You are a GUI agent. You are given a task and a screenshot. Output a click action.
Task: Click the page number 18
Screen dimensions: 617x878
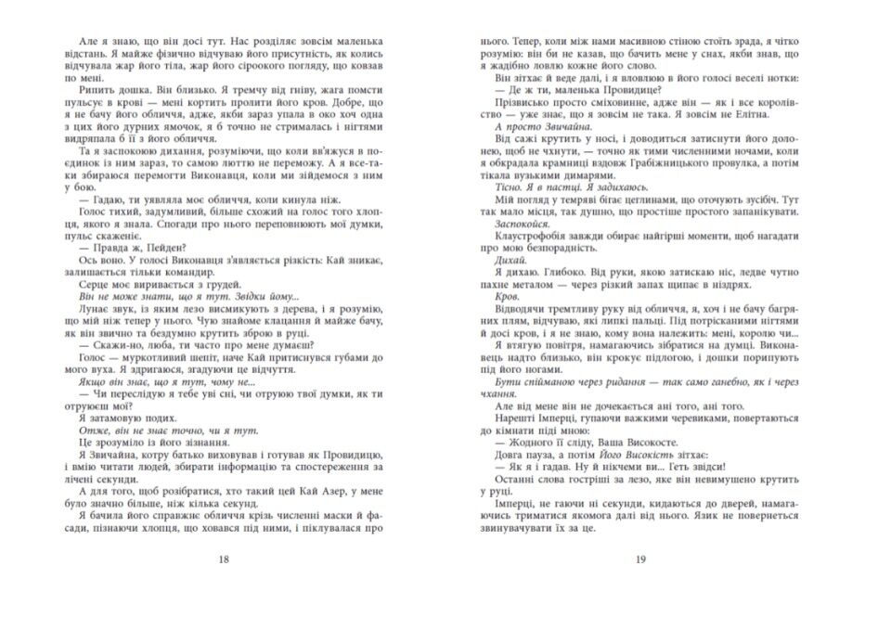click(219, 559)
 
